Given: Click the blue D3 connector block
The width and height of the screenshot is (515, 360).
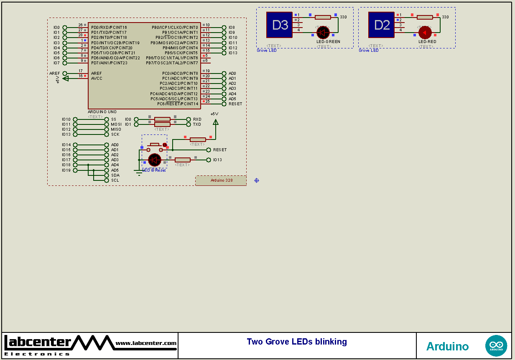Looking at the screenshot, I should pos(280,25).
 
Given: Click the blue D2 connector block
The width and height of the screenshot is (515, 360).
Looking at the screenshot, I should pos(382,25).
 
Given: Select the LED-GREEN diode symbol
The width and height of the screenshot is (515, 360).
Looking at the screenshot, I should pos(323,32).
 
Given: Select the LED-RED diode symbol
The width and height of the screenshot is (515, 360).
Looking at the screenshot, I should pos(425,32).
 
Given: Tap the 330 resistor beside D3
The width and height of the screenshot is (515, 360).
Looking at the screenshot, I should pos(323,17).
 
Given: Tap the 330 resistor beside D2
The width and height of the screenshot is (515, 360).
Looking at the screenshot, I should pos(425,17).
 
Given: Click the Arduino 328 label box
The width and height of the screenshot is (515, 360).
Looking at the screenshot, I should pos(221,180).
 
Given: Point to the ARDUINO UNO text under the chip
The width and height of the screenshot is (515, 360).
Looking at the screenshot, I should pos(102,112).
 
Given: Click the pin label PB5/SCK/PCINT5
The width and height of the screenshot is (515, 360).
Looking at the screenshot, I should pos(181,53).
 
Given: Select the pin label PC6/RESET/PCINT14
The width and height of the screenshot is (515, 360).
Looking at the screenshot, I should pos(177,104).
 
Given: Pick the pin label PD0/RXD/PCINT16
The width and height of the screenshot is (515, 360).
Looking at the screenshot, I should pos(109,28).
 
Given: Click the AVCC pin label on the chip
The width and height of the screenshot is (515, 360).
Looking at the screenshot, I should pos(97,78).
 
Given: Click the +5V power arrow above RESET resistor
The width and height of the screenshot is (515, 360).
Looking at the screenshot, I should pos(215,122).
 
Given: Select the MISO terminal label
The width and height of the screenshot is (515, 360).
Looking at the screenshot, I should pos(116,129).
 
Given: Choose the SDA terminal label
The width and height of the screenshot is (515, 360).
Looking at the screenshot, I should pos(115,175).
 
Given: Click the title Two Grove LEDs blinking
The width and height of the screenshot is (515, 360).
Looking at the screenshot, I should pos(297,342).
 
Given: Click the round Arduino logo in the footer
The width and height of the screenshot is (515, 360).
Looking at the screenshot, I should pos(496,346).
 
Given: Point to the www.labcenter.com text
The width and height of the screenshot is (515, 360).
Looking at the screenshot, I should pos(146,343).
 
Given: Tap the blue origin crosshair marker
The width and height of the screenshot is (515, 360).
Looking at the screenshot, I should pos(257,180).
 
